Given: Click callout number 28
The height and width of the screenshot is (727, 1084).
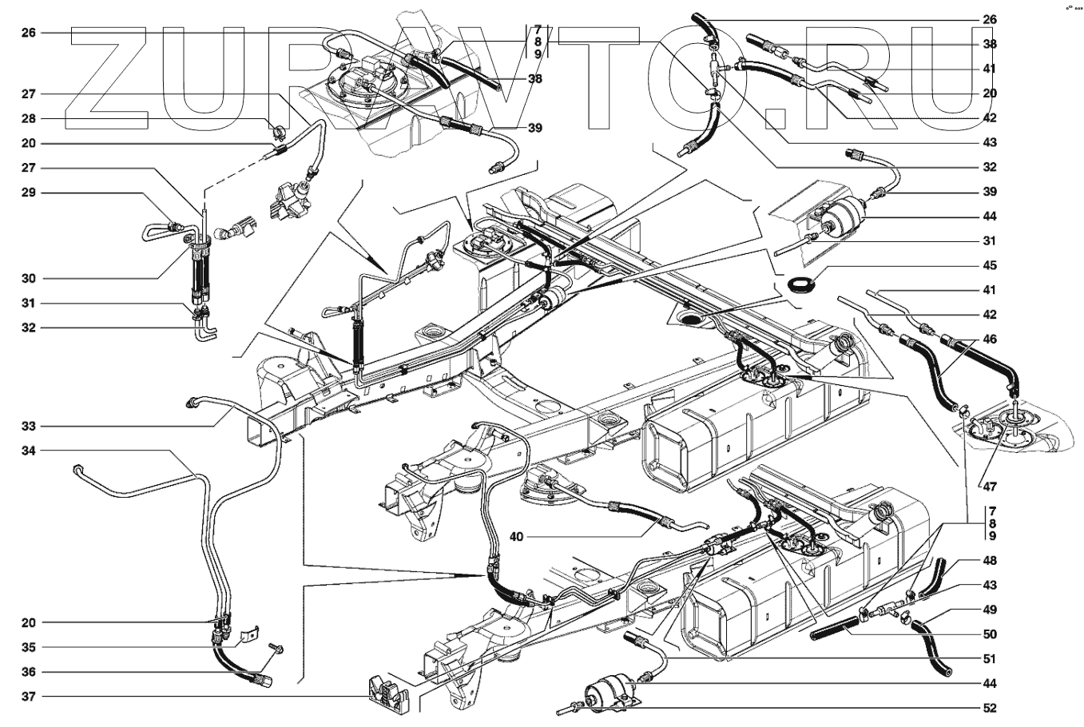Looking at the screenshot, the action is coord(28,118).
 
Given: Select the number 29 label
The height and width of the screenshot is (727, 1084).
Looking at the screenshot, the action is coord(28,193).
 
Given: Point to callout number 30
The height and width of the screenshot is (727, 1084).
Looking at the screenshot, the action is coord(28,279).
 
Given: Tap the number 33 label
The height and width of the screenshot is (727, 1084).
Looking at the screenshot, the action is coord(28,427).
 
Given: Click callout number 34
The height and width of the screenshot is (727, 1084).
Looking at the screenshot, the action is coord(28,451).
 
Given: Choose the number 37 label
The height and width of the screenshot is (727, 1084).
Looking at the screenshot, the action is coord(28,697).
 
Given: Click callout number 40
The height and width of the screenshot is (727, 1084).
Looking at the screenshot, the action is coord(516,537).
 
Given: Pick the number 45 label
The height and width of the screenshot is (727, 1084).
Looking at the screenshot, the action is coord(990,265).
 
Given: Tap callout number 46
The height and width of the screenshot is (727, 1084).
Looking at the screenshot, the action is coord(990,339).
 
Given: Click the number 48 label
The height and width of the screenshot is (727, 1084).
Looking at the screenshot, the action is coord(990,561).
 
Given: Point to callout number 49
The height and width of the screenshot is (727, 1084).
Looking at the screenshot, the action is coord(990,610).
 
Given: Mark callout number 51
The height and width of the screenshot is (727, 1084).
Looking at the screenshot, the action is coord(990,659).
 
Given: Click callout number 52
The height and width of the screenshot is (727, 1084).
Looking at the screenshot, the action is coord(990,708).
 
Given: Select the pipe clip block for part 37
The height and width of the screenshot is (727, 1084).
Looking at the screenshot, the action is coord(387,696).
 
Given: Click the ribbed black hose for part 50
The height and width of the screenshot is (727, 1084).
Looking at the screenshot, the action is coord(834,632).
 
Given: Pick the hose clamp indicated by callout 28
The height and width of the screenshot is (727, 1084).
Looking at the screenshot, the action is coord(278,131).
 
